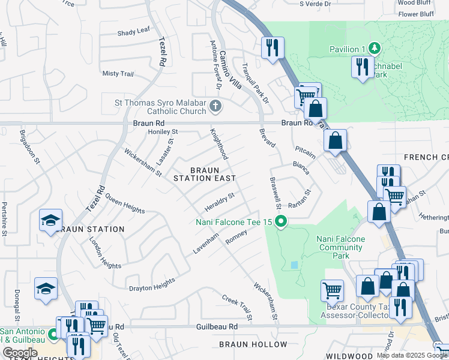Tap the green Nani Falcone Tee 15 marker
click(280, 223)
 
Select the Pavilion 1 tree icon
click(375, 48)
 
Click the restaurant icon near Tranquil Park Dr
click(273, 47)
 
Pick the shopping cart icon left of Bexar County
click(332, 290)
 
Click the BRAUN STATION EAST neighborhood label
click(203, 174)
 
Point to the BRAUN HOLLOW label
click(253, 344)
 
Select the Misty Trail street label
click(118, 73)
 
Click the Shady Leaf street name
click(134, 33)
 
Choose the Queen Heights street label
click(125, 203)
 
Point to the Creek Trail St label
click(235, 306)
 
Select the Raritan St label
click(301, 199)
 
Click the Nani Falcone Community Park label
click(341, 247)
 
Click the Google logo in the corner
click(20, 353)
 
